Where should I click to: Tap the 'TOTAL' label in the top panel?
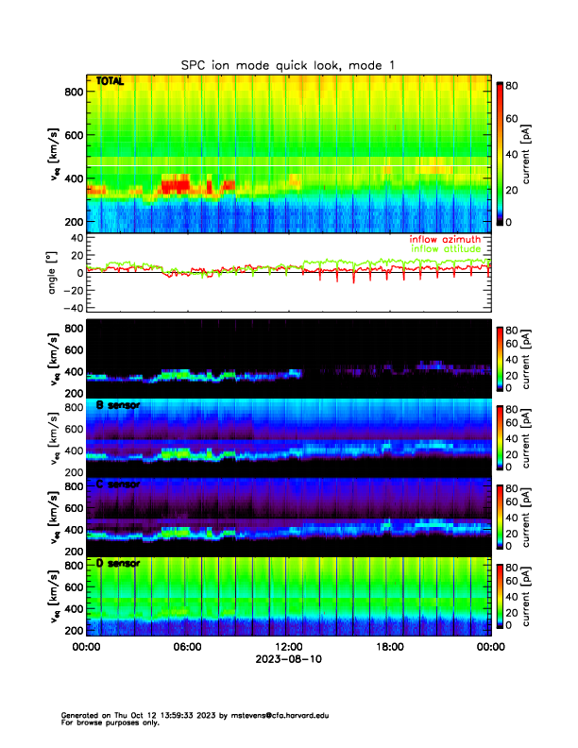click(x=111, y=83)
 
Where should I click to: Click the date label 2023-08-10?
click(x=288, y=659)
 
